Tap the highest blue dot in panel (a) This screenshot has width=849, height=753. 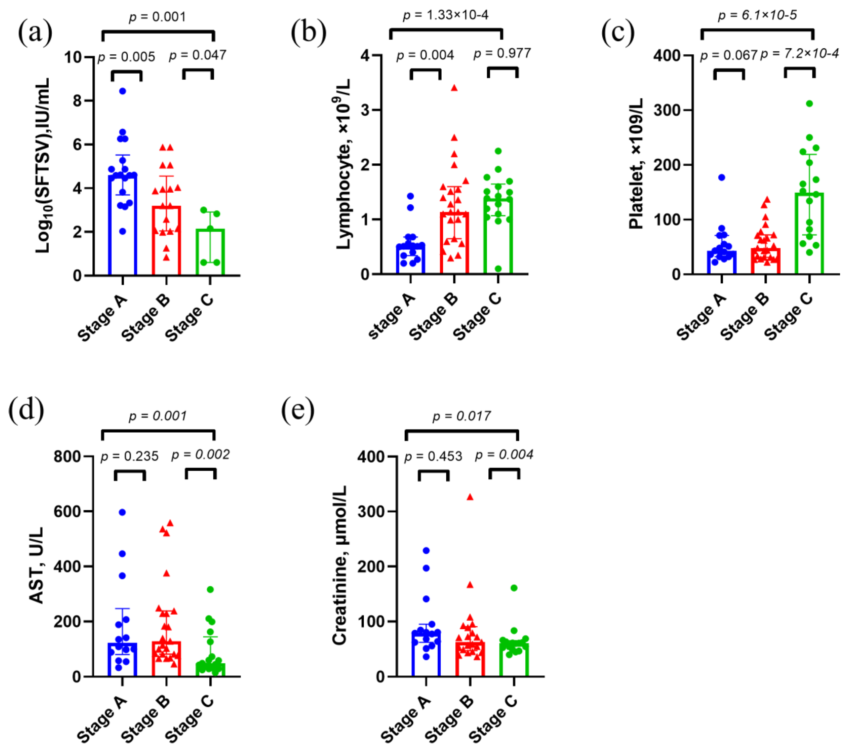(x=122, y=91)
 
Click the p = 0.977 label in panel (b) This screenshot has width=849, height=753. (x=502, y=53)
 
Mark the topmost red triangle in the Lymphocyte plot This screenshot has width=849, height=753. (x=454, y=88)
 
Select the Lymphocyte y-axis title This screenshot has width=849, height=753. (x=344, y=164)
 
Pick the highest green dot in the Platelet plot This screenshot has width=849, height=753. (x=809, y=103)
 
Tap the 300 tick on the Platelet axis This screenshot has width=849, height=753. (x=667, y=110)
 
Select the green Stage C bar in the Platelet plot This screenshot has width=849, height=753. (x=809, y=233)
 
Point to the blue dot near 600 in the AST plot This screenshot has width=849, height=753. (x=122, y=512)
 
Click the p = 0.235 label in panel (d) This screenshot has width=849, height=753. (x=130, y=456)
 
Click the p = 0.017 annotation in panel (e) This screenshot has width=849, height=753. (x=462, y=416)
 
